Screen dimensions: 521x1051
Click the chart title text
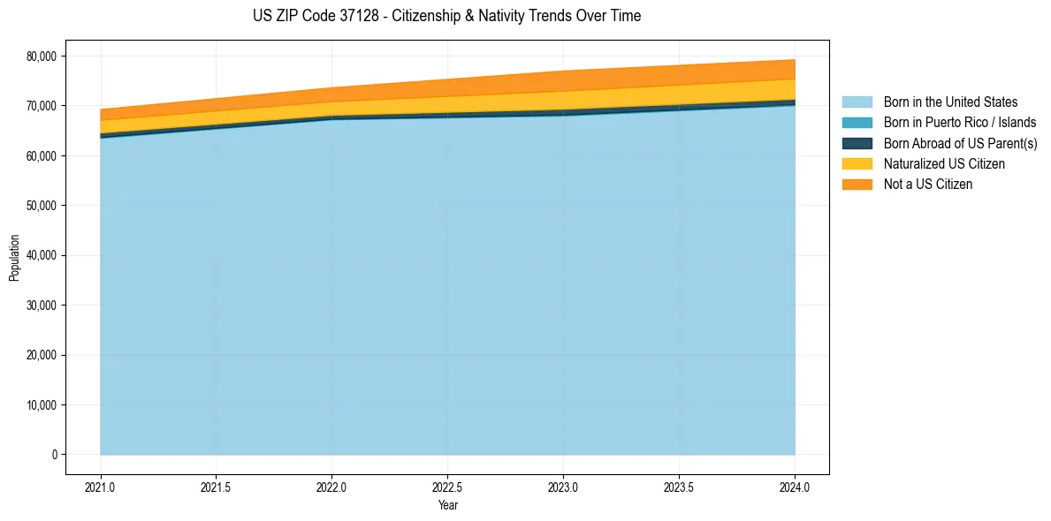tap(446, 16)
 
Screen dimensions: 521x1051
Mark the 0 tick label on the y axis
tap(53, 455)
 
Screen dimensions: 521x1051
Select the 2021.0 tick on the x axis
tap(101, 487)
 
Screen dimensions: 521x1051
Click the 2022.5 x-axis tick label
tap(447, 487)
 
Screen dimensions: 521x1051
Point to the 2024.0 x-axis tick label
tap(795, 487)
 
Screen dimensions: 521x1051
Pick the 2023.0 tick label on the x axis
tap(563, 487)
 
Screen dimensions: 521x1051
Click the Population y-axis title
tap(14, 258)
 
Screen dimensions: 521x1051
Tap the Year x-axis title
tap(447, 506)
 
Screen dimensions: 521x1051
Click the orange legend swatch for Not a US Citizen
tap(857, 185)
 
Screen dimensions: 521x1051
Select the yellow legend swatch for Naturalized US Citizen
tap(857, 163)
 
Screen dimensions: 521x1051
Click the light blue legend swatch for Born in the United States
tap(857, 102)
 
